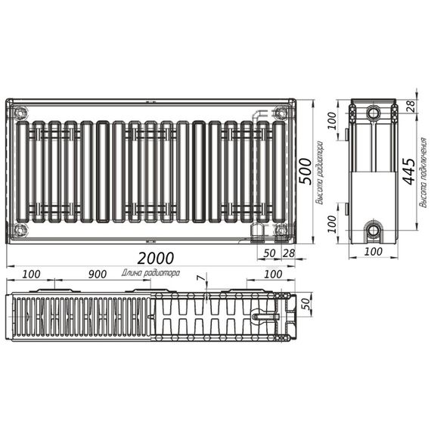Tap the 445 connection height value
tap(408, 172)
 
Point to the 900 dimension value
tap(96, 273)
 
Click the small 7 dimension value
tap(200, 279)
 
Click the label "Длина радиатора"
tap(150, 273)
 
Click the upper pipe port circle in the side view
tap(374, 113)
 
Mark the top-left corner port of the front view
tap(20, 113)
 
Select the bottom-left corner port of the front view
tap(20, 229)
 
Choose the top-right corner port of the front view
tap(281, 113)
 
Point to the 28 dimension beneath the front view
tap(287, 252)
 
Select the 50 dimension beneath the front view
tap(270, 252)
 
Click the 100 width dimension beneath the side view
tap(372, 252)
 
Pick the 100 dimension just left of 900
tap(31, 273)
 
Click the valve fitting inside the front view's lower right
tap(257, 229)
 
